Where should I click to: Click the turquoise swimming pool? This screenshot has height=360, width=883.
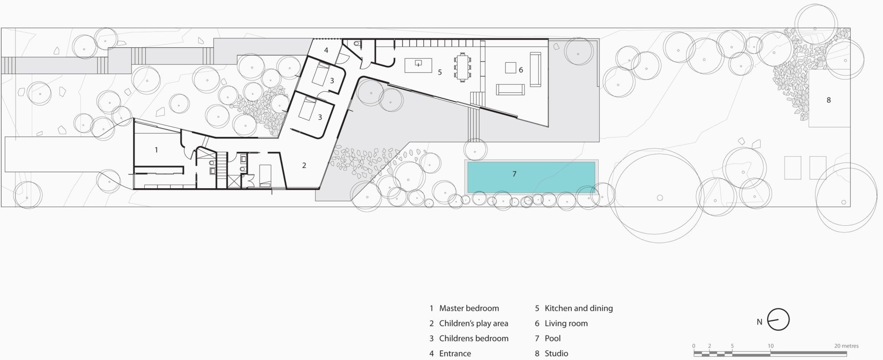(531, 177)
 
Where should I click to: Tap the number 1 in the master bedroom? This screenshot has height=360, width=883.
(156, 150)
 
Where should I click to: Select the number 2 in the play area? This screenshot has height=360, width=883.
(304, 166)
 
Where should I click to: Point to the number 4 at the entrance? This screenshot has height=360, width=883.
(326, 50)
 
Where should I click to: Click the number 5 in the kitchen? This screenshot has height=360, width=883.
(440, 72)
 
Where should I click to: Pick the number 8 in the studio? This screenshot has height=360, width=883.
(829, 100)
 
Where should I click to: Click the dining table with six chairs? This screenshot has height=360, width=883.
(462, 67)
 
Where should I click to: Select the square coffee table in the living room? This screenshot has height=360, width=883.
(511, 68)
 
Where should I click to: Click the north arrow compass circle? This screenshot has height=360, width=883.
(778, 319)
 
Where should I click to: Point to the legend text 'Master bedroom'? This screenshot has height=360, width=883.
(469, 308)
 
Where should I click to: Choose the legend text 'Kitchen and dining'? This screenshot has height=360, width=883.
(579, 308)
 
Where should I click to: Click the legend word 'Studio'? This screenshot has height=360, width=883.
(556, 353)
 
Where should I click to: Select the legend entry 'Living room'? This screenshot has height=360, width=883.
(566, 323)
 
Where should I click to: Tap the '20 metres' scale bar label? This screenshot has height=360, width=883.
(846, 346)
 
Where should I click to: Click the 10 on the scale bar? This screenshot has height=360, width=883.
(770, 346)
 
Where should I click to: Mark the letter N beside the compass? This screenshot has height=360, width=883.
(759, 322)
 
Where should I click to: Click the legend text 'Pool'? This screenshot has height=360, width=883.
(553, 338)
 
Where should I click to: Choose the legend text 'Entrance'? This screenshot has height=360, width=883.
(455, 353)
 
